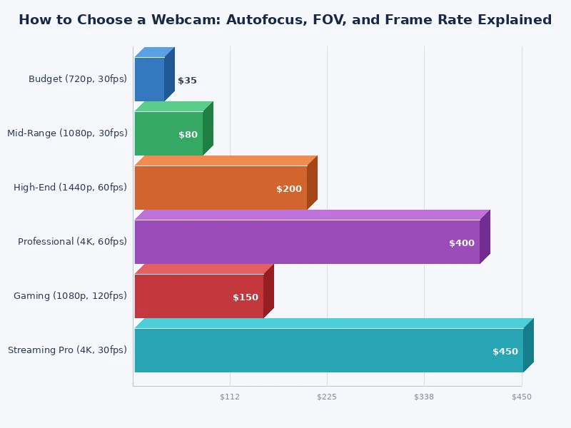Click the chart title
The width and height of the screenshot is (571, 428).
tap(285, 20)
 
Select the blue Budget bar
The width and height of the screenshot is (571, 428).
tap(149, 79)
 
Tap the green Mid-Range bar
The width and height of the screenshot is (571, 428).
tap(168, 133)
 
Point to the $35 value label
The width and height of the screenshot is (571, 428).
tap(187, 81)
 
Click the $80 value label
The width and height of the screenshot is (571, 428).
tap(188, 135)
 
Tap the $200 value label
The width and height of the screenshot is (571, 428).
tap(289, 189)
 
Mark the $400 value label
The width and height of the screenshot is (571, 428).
tap(461, 243)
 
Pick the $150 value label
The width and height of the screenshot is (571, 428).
tap(246, 297)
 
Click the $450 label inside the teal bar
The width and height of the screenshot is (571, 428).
tap(505, 352)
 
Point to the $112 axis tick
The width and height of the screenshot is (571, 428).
tap(230, 397)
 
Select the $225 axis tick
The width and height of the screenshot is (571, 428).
tap(327, 397)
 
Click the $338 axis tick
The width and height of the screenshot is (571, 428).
tap(424, 397)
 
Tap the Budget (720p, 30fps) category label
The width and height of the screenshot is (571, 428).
tap(78, 79)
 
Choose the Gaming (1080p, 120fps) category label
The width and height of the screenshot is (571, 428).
tap(70, 296)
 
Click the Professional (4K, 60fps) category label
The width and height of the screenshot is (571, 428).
tap(72, 242)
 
